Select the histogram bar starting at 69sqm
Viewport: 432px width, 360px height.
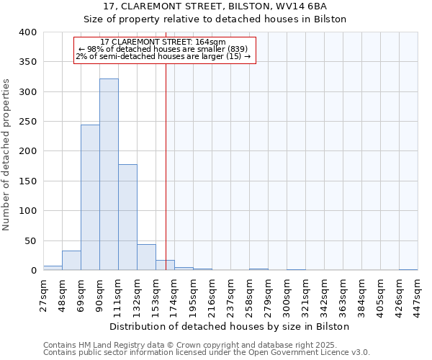[x=90, y=198]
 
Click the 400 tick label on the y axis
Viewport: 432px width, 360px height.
[x=27, y=32]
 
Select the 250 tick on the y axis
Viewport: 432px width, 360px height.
[x=27, y=122]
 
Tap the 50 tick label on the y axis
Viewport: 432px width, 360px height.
[x=30, y=240]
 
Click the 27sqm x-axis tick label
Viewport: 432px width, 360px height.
[x=44, y=294]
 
